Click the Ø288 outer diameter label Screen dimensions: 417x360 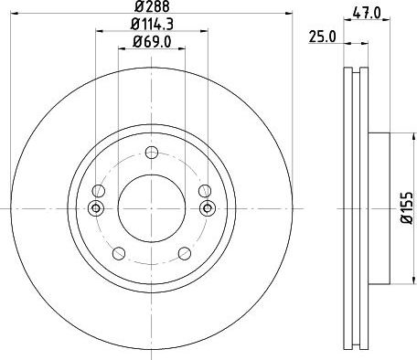pyautogui.click(x=152, y=6)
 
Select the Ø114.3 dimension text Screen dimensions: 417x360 pyautogui.click(x=152, y=24)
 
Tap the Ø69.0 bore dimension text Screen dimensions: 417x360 pyautogui.click(x=152, y=41)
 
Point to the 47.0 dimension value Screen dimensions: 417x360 pyautogui.click(x=367, y=14)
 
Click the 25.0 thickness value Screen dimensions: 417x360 pyautogui.click(x=322, y=37)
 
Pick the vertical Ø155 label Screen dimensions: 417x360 pyautogui.click(x=406, y=208)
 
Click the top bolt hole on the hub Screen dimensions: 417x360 pyautogui.click(x=152, y=153)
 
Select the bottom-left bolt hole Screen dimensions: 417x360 pyautogui.click(x=119, y=253)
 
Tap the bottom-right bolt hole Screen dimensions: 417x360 pyautogui.click(x=185, y=253)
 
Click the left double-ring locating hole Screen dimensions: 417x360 pyautogui.click(x=96, y=208)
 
